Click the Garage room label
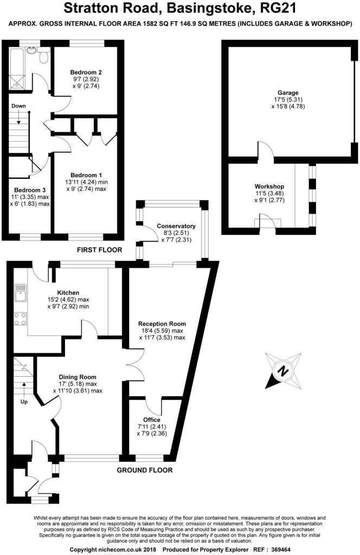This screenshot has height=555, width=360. tap(288, 93)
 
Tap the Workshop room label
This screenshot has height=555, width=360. tap(269, 186)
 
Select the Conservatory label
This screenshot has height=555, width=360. tap(176, 226)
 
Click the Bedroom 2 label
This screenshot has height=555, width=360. tap(86, 72)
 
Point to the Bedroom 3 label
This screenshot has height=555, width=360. tap(30, 190)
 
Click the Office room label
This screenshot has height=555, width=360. tap(151, 420)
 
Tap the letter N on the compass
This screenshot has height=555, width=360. tap(282, 371)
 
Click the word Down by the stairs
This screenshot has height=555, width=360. tap(18, 106)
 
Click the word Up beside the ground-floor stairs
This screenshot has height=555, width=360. tap(24, 402)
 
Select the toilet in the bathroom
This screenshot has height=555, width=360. tap(44, 56)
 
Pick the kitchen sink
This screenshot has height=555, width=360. tap(20, 293)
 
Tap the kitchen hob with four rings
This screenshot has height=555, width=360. tap(20, 319)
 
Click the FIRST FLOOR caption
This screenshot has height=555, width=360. tap(99, 250)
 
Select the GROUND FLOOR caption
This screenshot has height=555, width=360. tap(145, 470)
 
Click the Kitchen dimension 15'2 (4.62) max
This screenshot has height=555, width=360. tap(68, 299)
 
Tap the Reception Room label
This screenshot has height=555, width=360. tap(162, 324)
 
